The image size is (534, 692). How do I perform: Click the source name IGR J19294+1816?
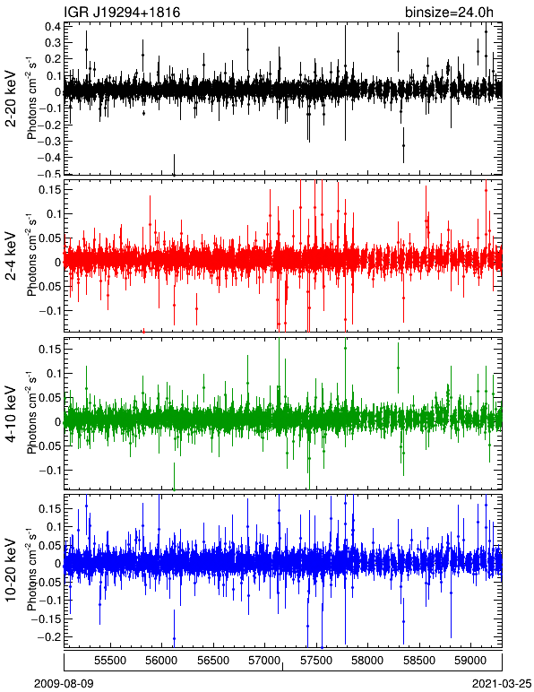point(122,12)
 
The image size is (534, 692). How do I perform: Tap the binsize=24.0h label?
point(449,13)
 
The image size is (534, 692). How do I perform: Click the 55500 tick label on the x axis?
point(110,661)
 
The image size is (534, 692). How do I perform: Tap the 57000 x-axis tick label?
point(264,661)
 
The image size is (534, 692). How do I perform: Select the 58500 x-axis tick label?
point(419,661)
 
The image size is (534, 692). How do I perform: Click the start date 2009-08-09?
point(64,684)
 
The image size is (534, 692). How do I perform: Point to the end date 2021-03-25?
point(502,684)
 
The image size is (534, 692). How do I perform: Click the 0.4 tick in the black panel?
point(53,26)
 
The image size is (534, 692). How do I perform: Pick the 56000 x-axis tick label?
point(161,661)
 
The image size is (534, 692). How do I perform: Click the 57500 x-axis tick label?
point(316,661)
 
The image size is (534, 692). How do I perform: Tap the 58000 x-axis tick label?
point(367,661)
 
